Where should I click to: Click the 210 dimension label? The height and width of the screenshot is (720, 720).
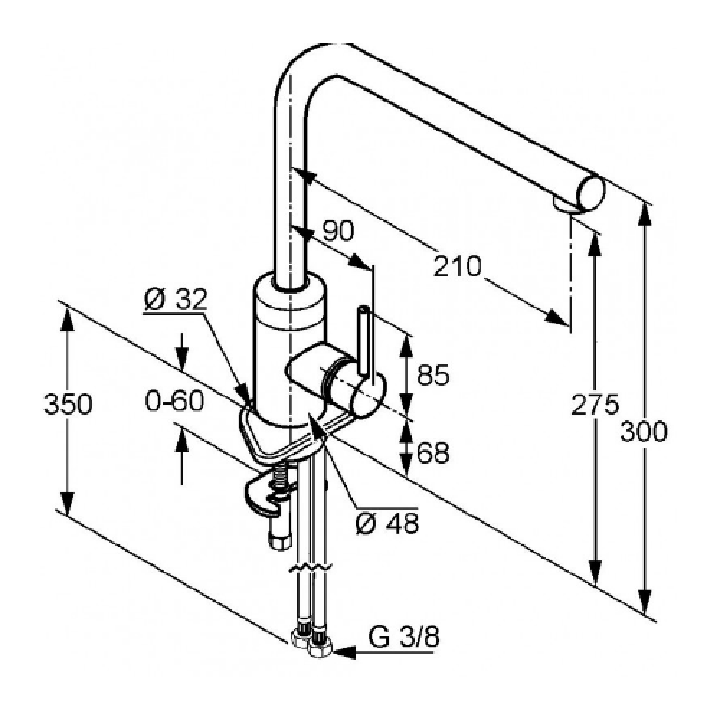457,266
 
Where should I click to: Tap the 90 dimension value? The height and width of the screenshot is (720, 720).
338,230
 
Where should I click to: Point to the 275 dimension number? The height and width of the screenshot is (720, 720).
595,405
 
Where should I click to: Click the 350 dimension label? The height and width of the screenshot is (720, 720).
68,404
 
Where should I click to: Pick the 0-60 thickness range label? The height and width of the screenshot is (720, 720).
174,400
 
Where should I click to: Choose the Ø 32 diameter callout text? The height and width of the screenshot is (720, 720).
176,299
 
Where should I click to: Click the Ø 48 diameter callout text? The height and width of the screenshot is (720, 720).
387,523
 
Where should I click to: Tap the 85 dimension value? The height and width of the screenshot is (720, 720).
433,374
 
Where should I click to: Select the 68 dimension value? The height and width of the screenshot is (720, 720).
433,453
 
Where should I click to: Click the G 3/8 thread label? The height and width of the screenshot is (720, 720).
404,637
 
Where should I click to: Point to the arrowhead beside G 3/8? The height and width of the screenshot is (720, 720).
344,652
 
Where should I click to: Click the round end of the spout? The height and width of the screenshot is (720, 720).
591,193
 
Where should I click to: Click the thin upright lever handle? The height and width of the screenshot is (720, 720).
363,340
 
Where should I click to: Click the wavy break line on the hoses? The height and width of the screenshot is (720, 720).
310,568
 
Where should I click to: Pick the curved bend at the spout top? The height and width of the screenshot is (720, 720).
303,64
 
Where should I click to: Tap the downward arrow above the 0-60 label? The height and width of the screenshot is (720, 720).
182,351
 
